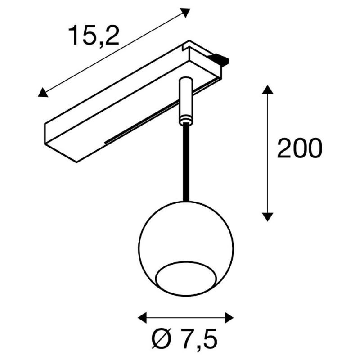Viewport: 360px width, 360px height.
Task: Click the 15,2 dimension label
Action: [94, 36]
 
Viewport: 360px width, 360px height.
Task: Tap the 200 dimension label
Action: [300, 148]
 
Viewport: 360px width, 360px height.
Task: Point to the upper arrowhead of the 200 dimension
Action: [267, 90]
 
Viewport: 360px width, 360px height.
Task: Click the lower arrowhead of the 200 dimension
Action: [267, 217]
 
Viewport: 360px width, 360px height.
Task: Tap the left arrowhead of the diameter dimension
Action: [142, 318]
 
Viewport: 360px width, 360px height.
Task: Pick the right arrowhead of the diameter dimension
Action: [229, 318]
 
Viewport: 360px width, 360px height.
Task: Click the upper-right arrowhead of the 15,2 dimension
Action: [185, 13]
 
